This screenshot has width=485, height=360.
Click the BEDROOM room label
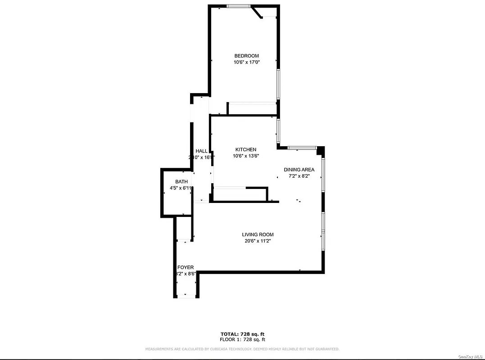coord(246,56)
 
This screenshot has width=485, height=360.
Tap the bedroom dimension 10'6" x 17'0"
coord(246,63)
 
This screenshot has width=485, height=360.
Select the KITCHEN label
coord(246,149)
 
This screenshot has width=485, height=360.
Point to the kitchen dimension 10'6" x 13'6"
coord(246,156)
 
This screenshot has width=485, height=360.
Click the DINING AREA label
coord(299,170)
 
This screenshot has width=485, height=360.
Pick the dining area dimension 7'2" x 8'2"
coord(299,176)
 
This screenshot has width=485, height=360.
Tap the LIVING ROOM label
coord(258,234)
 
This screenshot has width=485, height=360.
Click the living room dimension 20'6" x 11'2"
coord(258,241)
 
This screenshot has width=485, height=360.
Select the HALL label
coord(201,151)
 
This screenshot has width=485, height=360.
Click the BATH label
coord(181,182)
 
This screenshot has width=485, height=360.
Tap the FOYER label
coord(185,267)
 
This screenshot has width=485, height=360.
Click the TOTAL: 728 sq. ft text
coord(242,334)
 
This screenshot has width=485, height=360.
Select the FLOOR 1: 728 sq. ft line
coord(242,340)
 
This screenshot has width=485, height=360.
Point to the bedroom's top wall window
coord(239,6)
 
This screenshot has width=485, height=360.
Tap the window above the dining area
coord(301,147)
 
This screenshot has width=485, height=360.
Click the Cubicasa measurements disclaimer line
coord(242,349)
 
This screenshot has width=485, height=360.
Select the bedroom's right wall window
coord(278,84)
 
